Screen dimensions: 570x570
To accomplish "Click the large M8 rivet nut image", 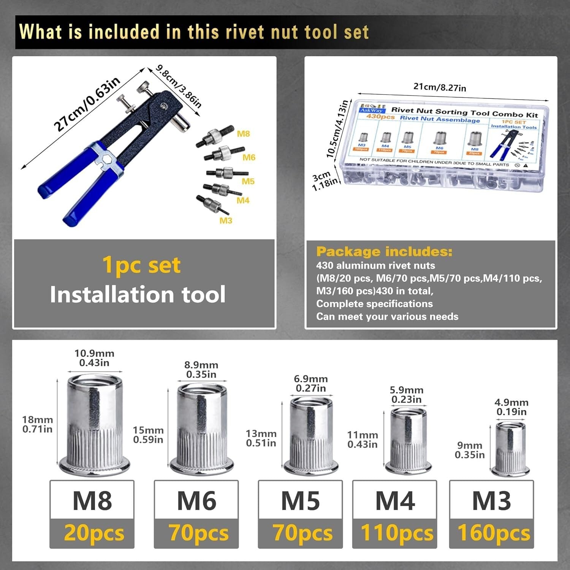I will pyautogui.click(x=94, y=424).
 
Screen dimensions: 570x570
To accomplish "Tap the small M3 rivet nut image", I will pyautogui.click(x=510, y=448).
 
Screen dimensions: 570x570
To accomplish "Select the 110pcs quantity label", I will pyautogui.click(x=397, y=533).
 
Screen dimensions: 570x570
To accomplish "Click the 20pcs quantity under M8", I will pyautogui.click(x=94, y=533).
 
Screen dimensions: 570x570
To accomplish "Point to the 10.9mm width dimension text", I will pyautogui.click(x=94, y=358).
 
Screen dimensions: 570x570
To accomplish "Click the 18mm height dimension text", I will pyautogui.click(x=37, y=424).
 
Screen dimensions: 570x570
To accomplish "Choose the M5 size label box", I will pyautogui.click(x=300, y=500).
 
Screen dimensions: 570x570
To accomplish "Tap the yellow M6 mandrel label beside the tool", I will pyautogui.click(x=249, y=157).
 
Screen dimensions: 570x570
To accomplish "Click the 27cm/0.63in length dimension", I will pyautogui.click(x=87, y=103).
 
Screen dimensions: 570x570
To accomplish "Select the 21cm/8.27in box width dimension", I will pyautogui.click(x=440, y=87).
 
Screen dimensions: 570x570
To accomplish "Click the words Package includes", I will pyautogui.click(x=384, y=252).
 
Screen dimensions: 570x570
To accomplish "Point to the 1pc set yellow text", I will pyautogui.click(x=141, y=265).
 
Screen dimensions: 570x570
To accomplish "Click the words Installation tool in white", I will pyautogui.click(x=138, y=294).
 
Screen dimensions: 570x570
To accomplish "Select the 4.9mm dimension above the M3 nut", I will pyautogui.click(x=511, y=407).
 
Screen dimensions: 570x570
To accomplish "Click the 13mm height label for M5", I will pyautogui.click(x=261, y=438).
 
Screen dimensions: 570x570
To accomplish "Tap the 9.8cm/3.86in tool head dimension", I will pyautogui.click(x=179, y=87).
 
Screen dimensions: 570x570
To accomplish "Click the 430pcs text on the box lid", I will pyautogui.click(x=380, y=116).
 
